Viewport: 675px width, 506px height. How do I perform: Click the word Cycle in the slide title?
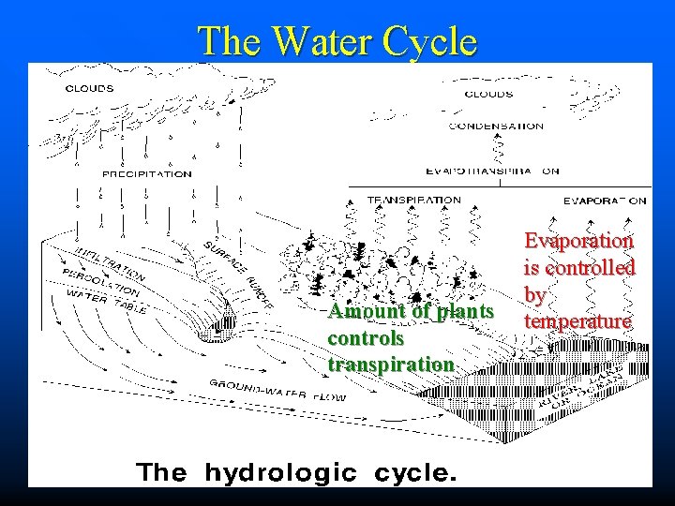[427, 41]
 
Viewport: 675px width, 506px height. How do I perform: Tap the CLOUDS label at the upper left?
[90, 89]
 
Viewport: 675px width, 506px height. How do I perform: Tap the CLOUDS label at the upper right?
[488, 94]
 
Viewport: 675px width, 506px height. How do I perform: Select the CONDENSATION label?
[496, 126]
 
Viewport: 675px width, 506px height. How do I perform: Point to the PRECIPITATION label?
[147, 173]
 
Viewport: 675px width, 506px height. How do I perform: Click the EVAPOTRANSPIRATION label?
[493, 171]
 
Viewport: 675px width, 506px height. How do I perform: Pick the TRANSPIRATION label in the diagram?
[413, 200]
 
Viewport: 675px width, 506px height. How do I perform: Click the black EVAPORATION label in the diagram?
[604, 200]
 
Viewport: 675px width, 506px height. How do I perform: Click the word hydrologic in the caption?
[280, 473]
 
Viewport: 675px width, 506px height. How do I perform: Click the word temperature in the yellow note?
[577, 321]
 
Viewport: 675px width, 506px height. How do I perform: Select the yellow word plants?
[458, 311]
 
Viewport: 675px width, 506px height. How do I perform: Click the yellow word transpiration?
[391, 363]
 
